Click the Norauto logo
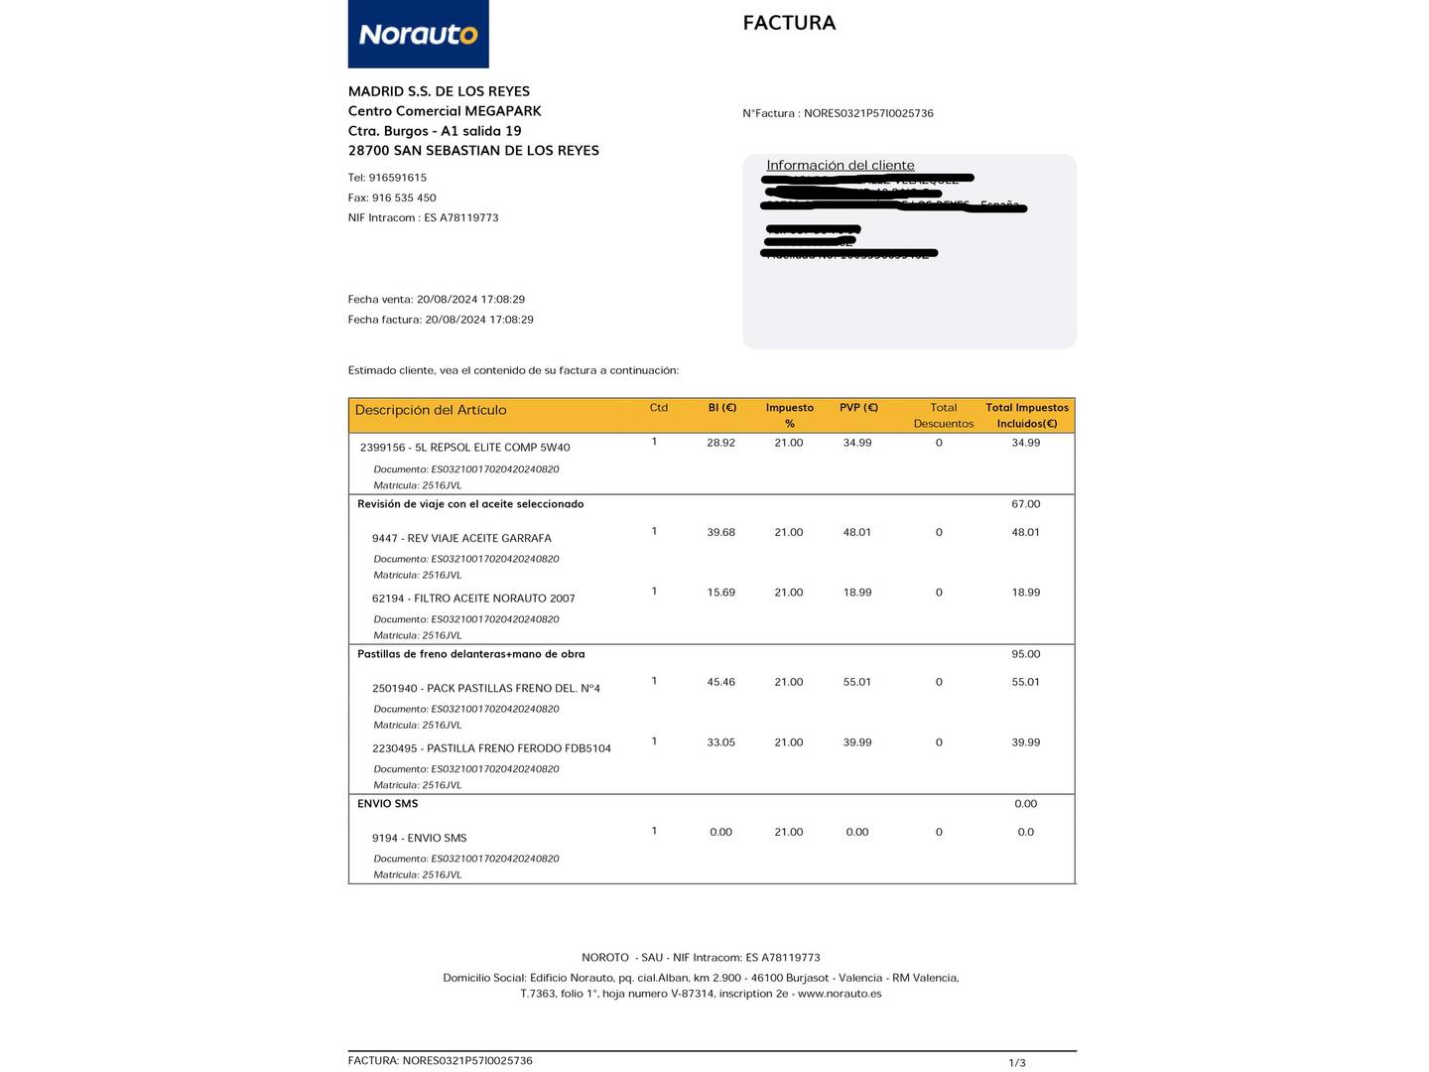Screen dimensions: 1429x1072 click(418, 35)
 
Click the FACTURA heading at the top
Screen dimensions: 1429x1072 click(789, 23)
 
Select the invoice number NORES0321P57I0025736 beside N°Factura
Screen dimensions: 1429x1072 click(868, 113)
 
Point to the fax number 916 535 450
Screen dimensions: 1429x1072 click(404, 198)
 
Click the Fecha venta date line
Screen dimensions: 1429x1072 click(436, 299)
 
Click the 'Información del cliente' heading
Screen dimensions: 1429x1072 click(840, 165)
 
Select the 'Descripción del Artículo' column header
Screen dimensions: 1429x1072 click(431, 410)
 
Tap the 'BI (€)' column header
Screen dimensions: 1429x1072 click(721, 408)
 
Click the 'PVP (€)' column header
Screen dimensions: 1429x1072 click(858, 408)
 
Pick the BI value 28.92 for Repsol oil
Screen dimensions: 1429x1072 click(720, 443)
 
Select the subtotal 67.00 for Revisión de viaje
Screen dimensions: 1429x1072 click(1025, 504)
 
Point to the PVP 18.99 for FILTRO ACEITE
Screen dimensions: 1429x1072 click(857, 593)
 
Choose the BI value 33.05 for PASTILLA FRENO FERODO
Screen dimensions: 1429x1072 click(720, 742)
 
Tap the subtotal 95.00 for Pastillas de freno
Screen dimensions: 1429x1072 click(1025, 654)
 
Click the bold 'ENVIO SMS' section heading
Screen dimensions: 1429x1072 click(387, 804)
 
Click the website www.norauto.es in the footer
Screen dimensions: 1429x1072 click(839, 994)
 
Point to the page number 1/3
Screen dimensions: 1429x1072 click(1017, 1063)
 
